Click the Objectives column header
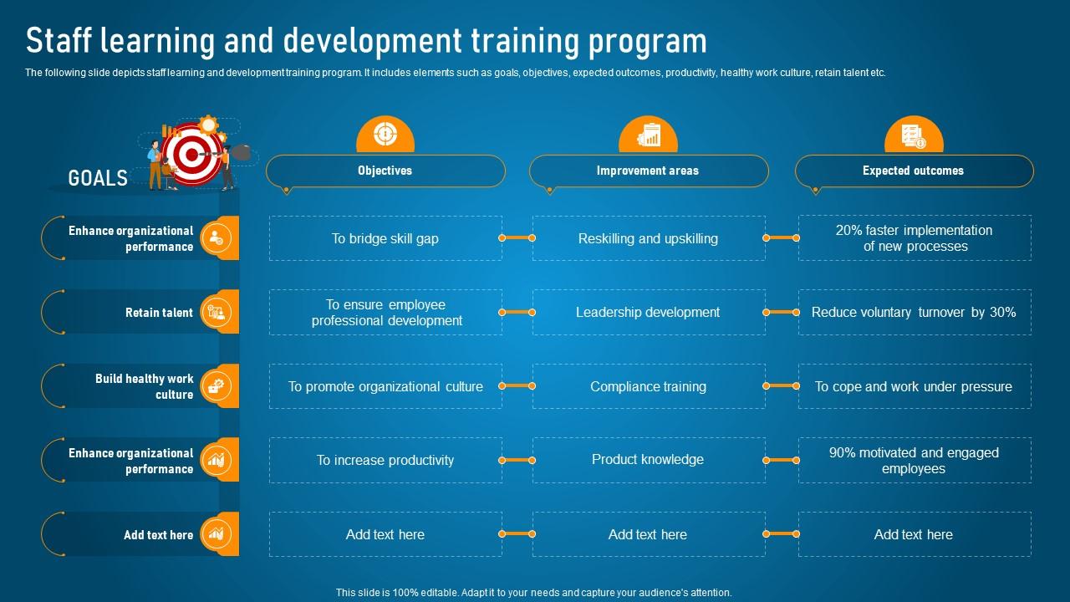385,171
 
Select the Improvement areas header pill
648,171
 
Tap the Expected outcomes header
913,171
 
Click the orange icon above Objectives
385,134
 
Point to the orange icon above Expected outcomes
913,135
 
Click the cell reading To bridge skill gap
385,238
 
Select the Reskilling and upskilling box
648,238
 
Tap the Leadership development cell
648,312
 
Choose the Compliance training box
648,386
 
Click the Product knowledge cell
648,460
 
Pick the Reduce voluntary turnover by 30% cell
914,312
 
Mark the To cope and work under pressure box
914,386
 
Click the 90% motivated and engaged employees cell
914,460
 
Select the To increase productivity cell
385,460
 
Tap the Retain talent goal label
159,313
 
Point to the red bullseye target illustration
192,154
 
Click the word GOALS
98,178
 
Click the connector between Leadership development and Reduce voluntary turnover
782,312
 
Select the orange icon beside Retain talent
217,312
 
